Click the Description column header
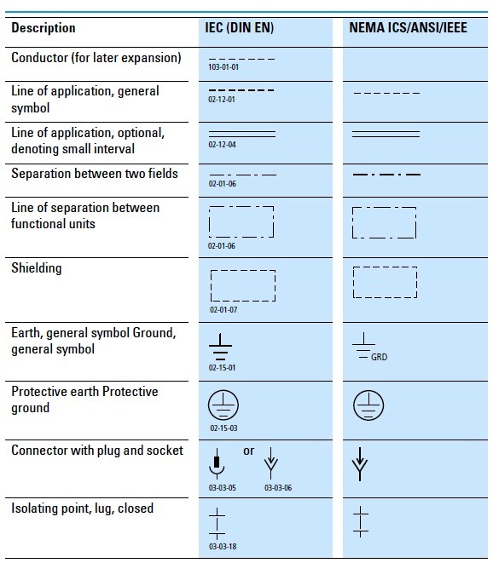[43, 28]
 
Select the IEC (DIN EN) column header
[241, 28]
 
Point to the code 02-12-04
[221, 146]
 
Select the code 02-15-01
[222, 367]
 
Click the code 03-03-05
[222, 487]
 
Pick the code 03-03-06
[277, 487]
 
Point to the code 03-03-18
[222, 546]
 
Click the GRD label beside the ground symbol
[379, 357]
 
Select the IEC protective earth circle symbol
[223, 405]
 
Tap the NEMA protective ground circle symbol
[368, 405]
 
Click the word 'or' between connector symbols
[248, 451]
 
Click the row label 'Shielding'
[37, 268]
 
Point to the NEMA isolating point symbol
[362, 520]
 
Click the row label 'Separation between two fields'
[95, 174]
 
